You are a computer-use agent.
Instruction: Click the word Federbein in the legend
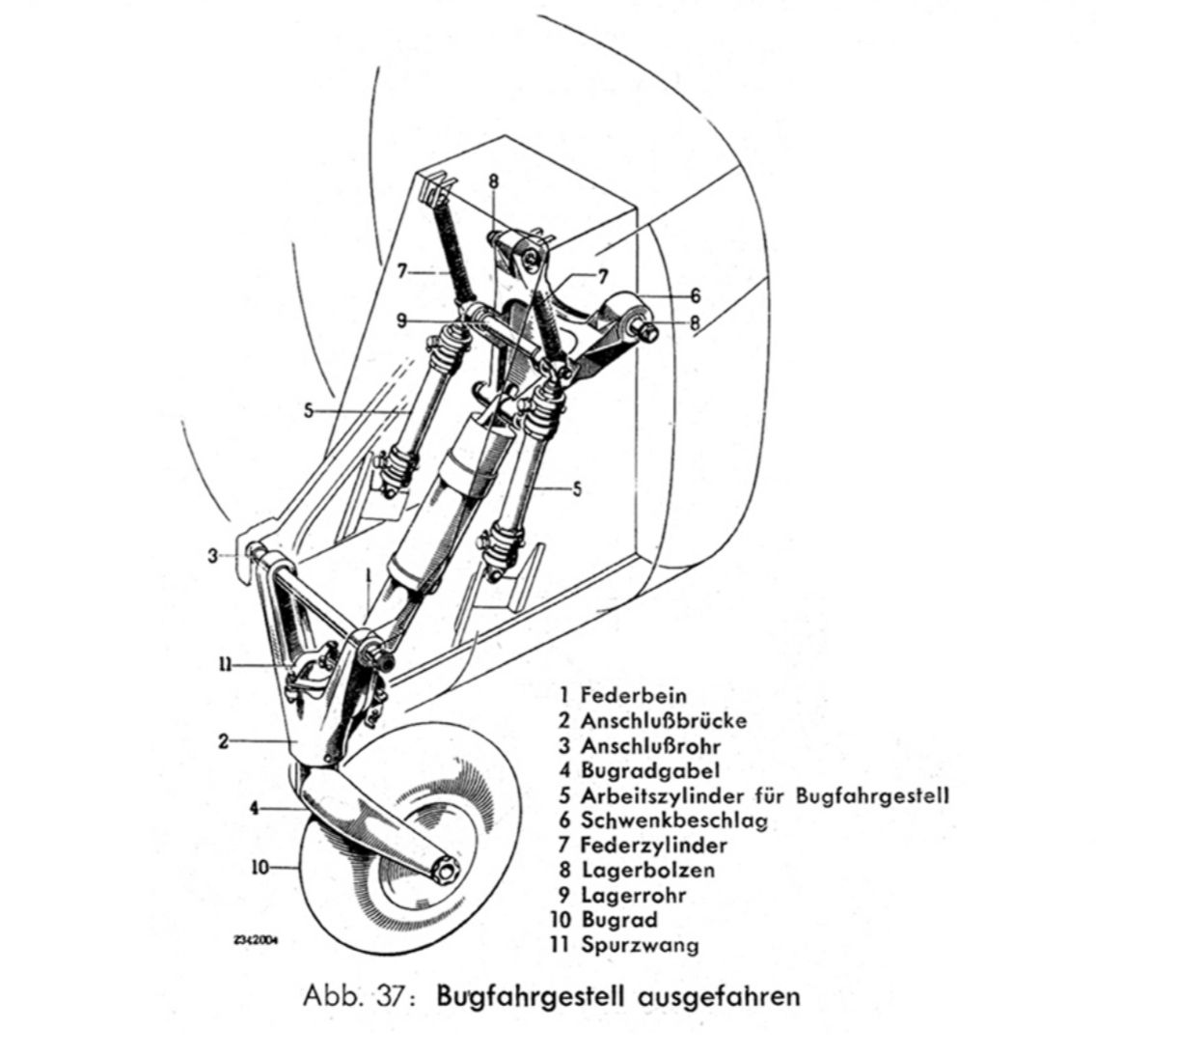tap(634, 696)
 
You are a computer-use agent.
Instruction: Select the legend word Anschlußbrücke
tap(664, 721)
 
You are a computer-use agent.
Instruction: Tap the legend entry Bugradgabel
tap(650, 771)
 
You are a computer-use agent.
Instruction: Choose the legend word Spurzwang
tap(640, 946)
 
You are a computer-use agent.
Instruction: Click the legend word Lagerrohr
tap(633, 895)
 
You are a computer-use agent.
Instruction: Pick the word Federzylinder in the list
tap(653, 845)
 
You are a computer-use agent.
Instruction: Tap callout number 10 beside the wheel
tap(260, 868)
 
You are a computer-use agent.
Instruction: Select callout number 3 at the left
tap(212, 556)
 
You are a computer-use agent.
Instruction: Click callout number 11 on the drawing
tap(225, 664)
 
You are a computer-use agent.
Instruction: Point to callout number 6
tap(696, 295)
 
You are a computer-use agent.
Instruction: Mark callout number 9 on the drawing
tap(401, 320)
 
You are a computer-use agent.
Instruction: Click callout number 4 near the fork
tap(254, 808)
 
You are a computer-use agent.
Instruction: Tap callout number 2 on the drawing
tap(223, 742)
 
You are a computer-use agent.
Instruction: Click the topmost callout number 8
tap(493, 181)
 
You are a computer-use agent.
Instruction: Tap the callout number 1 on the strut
tap(368, 575)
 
